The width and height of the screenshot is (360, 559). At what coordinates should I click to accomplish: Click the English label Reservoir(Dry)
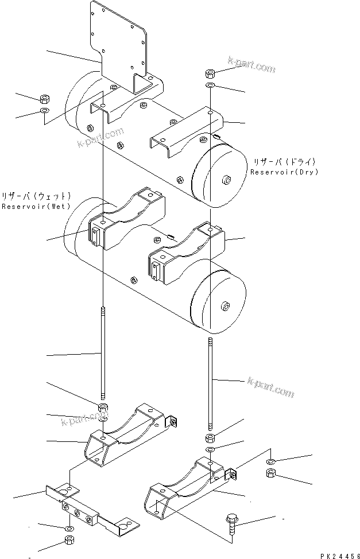[x=284, y=172]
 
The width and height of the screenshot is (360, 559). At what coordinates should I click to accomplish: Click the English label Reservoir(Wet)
[x=36, y=206]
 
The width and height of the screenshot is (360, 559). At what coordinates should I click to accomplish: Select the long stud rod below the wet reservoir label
[x=102, y=353]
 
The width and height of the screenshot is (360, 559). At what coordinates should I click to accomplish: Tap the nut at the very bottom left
[x=68, y=540]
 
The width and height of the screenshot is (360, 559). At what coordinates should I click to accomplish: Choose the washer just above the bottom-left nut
[x=68, y=527]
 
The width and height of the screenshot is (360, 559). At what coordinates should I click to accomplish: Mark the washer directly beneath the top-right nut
[x=210, y=86]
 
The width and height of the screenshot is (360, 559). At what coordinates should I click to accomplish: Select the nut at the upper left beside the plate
[x=44, y=99]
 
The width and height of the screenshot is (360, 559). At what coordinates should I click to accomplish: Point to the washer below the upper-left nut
[x=44, y=110]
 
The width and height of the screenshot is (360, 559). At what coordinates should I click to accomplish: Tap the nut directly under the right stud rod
[x=210, y=439]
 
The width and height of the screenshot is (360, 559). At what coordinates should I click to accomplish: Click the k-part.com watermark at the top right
[x=251, y=67]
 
